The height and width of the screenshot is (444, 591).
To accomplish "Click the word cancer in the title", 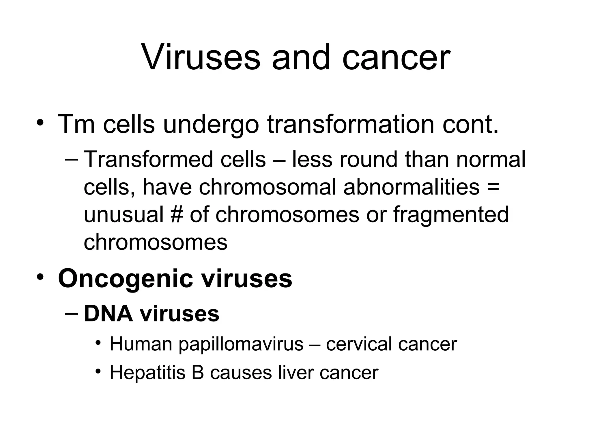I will click(396, 58).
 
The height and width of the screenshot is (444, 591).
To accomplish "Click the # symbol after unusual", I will click(177, 214).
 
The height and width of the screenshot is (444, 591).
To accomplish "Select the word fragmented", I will click(451, 214).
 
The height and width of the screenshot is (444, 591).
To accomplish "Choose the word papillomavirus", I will click(241, 344).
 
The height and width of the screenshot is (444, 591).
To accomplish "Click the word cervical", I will click(359, 344).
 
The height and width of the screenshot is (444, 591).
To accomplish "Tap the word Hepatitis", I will click(147, 372).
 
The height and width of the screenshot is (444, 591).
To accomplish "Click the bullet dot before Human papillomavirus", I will click(98, 343).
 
